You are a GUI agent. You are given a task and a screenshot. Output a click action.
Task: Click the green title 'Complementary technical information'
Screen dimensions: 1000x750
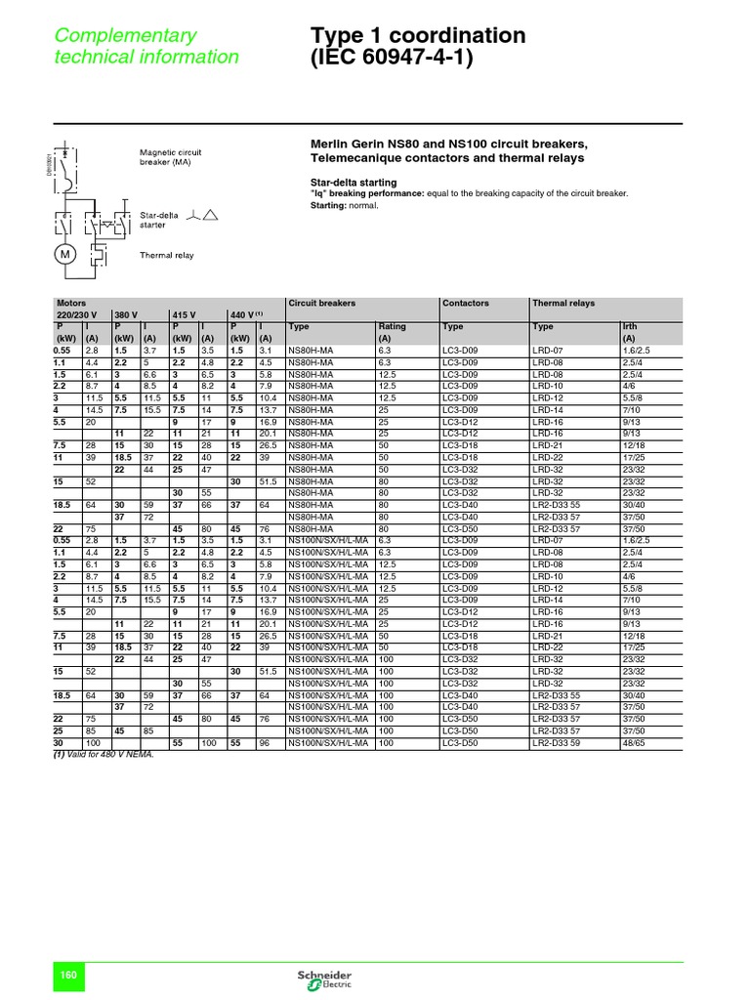tap(146, 46)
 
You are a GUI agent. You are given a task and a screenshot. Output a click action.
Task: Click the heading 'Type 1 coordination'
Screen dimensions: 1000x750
tap(417, 36)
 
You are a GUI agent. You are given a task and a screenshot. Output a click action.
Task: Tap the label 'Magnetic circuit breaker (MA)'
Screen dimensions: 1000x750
tap(171, 157)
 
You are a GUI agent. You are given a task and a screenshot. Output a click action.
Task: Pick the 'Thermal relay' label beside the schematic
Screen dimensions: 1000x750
tap(167, 255)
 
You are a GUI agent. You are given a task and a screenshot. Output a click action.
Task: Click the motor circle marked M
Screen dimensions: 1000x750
tap(65, 255)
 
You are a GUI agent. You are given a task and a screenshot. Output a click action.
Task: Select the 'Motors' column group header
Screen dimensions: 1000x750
tap(72, 304)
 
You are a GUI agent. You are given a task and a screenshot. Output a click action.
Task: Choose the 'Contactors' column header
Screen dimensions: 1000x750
tap(466, 304)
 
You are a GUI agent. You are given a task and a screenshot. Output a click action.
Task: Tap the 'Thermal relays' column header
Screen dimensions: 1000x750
tap(563, 304)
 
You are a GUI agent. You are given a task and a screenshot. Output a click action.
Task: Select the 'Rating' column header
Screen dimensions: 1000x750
tap(392, 327)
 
